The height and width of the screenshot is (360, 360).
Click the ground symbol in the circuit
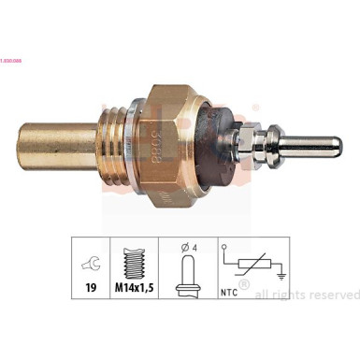(x=281, y=276)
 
